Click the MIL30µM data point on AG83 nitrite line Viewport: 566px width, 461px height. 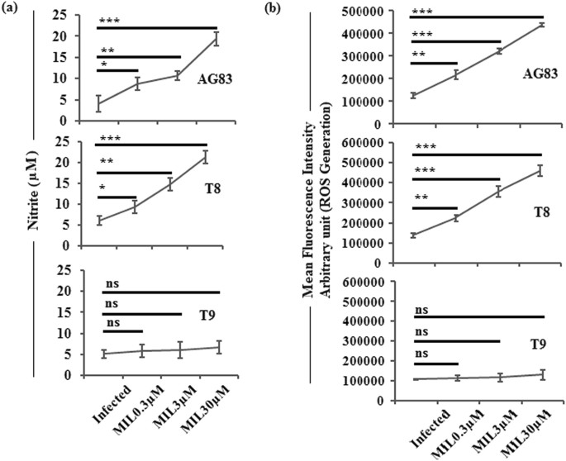[216, 38]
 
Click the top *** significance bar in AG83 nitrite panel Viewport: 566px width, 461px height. [157, 27]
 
